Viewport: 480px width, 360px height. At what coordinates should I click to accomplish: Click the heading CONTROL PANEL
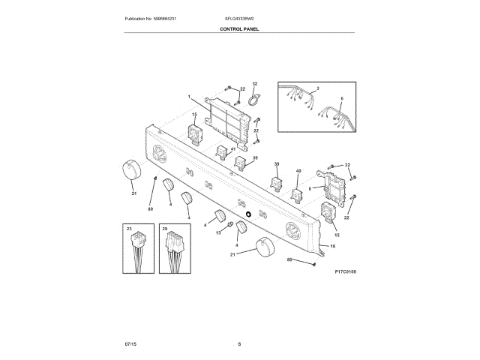click(x=240, y=29)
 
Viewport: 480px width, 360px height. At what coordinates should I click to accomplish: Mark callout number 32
click(x=254, y=84)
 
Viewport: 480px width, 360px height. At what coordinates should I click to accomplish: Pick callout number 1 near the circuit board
click(x=190, y=97)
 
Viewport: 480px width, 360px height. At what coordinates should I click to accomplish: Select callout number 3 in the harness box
click(x=317, y=88)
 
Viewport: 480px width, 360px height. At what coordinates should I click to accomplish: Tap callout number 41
click(x=233, y=150)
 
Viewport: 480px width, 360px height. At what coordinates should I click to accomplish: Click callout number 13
click(x=219, y=233)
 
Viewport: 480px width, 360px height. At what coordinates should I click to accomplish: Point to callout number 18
click(x=333, y=246)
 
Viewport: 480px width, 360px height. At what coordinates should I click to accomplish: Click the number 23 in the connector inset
click(x=129, y=228)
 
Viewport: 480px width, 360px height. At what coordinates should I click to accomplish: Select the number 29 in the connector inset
click(x=164, y=228)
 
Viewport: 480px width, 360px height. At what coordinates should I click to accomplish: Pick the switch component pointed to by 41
click(x=222, y=154)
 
